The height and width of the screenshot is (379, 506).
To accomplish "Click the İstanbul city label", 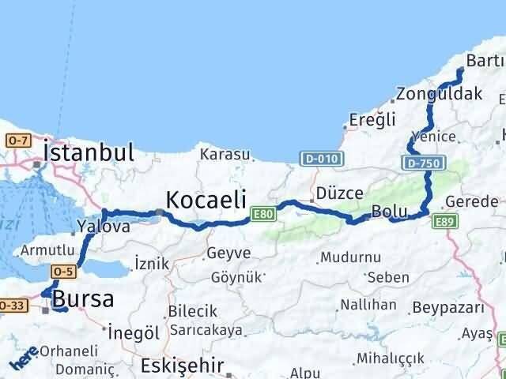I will coord(89,152).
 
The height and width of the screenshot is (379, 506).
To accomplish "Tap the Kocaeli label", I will coord(206,198).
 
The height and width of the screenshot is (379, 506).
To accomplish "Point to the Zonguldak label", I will coord(440,94).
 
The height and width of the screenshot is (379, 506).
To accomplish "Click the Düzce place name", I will coord(339,193).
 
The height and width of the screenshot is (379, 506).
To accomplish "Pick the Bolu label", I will coord(388,212).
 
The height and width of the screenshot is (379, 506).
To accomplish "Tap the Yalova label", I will coord(104,227).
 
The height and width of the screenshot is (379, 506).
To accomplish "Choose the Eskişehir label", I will coord(182,366).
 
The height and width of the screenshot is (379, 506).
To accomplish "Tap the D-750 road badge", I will coord(425,163).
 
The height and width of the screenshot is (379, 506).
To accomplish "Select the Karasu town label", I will coord(225,155).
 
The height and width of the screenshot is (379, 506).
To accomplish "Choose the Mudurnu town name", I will coord(350,257).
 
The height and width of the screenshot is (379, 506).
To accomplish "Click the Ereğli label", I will coord(366,121).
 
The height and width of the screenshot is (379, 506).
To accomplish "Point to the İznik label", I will coord(152,264).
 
